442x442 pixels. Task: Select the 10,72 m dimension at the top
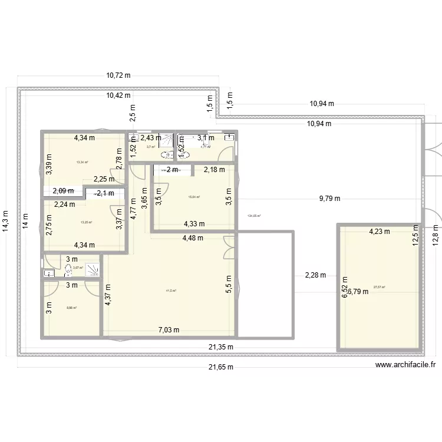[x=118, y=75]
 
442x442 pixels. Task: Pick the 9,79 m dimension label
[x=329, y=199]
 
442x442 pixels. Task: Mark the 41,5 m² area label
[x=171, y=291]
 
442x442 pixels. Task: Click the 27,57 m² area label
[x=379, y=288]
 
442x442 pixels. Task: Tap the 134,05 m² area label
[x=254, y=216]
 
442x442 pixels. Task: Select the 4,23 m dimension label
[x=380, y=232]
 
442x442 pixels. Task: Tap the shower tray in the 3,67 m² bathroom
[x=93, y=269]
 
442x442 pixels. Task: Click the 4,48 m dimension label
[x=192, y=238]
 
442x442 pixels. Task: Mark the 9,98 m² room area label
[x=71, y=308]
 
